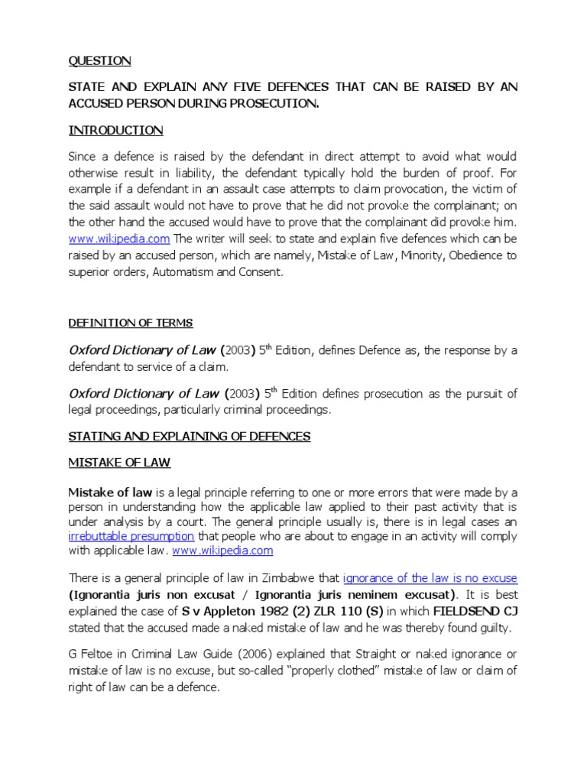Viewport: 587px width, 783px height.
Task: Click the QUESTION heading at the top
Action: click(99, 61)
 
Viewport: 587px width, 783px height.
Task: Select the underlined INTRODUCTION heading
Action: click(115, 131)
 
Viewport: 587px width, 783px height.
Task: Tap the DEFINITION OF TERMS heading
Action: click(131, 323)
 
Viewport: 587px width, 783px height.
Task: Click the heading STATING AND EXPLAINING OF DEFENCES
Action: click(190, 436)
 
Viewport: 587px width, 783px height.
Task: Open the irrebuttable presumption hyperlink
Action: click(131, 536)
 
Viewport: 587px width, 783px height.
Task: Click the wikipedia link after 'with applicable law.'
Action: click(222, 551)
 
